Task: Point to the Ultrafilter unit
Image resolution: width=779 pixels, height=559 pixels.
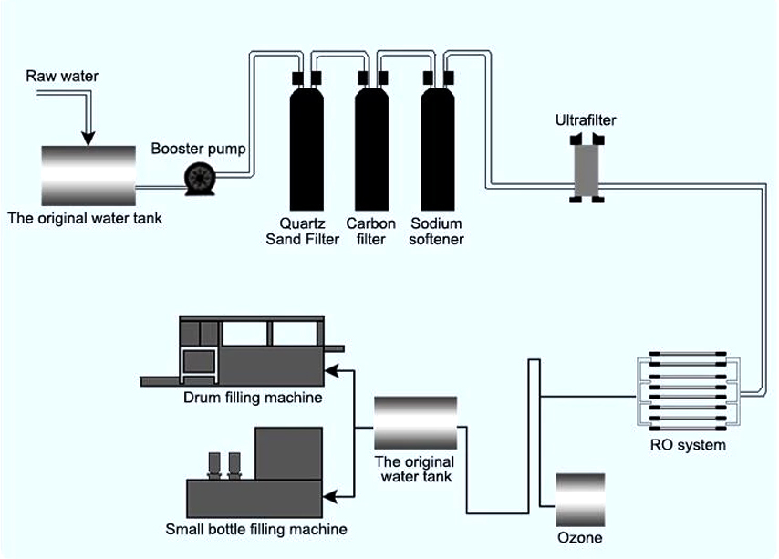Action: point(583,166)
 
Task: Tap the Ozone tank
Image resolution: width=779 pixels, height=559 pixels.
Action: point(580,498)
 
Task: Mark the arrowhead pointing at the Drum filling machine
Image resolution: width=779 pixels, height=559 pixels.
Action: point(333,370)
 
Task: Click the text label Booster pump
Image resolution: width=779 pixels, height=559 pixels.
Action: point(199,149)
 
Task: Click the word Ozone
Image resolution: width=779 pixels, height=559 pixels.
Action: point(580,538)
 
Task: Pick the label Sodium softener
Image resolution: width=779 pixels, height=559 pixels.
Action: point(437,232)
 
